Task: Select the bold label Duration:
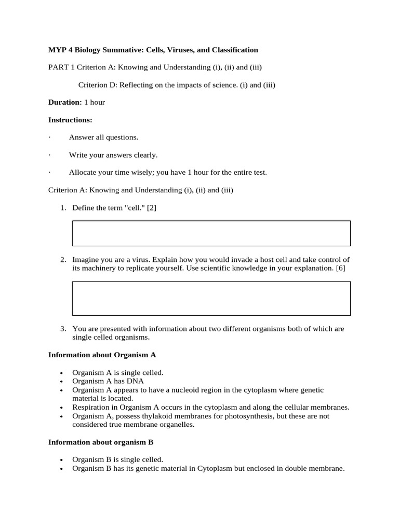click(65, 102)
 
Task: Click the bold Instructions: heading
click(70, 120)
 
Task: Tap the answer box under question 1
click(211, 233)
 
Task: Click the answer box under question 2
click(211, 298)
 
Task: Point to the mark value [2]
click(152, 208)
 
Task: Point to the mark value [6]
click(340, 268)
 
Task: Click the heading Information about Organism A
click(102, 355)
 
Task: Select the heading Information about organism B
click(101, 442)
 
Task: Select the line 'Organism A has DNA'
click(108, 381)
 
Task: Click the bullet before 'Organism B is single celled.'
click(61, 460)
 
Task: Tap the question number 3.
click(63, 329)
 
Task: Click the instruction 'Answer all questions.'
click(103, 137)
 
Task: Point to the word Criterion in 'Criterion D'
click(94, 85)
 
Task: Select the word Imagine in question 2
click(86, 259)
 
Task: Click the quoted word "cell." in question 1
click(134, 208)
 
